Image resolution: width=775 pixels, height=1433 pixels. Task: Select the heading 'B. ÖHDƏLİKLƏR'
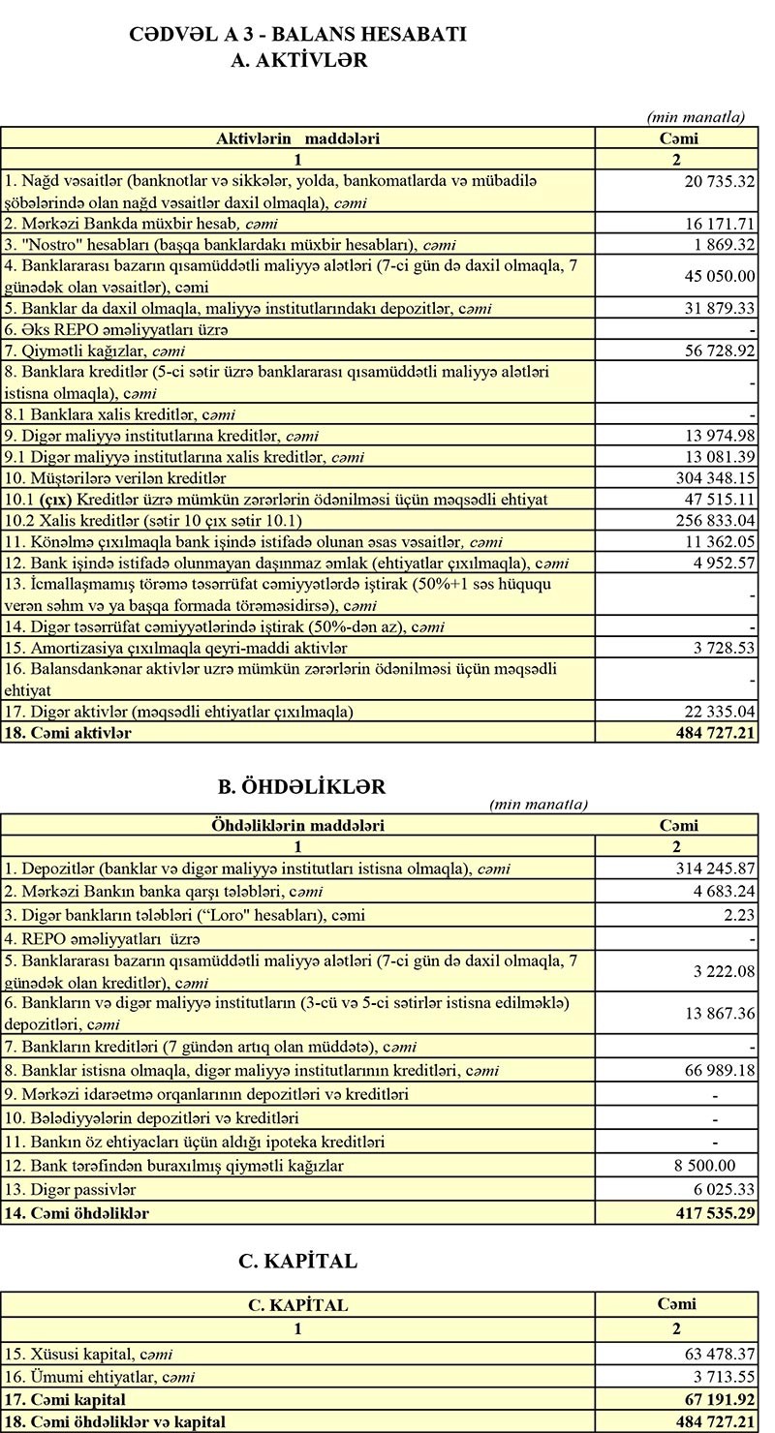tap(301, 786)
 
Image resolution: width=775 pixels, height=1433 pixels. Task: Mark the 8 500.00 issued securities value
tap(704, 1166)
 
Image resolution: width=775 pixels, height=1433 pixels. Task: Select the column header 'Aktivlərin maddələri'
tap(297, 138)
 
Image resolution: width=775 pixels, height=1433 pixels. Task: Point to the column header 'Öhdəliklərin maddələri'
tap(297, 826)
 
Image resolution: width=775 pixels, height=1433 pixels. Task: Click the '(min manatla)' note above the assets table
tap(696, 117)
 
